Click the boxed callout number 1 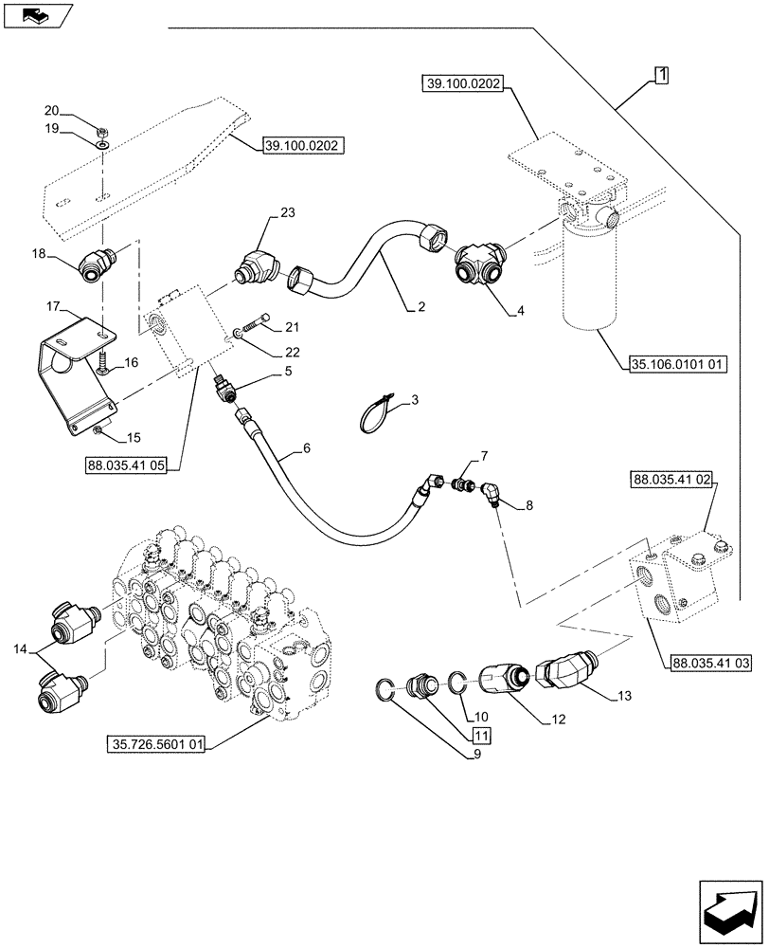point(660,75)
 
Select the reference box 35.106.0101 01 point(675,362)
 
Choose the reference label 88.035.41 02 point(670,482)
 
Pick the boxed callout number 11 point(481,735)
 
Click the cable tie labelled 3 point(380,413)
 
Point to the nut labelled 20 point(101,127)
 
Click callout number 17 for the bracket point(53,306)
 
